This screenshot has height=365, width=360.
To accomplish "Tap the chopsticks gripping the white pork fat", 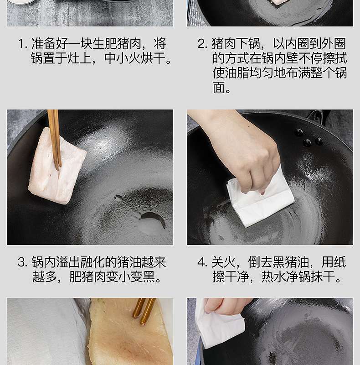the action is (55, 140).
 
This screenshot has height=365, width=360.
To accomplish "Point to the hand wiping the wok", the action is (242, 149).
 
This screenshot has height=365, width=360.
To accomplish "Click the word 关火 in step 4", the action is (223, 262).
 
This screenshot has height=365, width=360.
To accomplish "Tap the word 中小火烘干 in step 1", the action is (135, 58).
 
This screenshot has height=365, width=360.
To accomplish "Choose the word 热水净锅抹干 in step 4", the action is (298, 277).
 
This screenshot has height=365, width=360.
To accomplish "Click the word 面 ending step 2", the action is (219, 88).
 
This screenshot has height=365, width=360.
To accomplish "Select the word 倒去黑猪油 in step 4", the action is (278, 262).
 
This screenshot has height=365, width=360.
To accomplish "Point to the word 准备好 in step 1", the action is (50, 44).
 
